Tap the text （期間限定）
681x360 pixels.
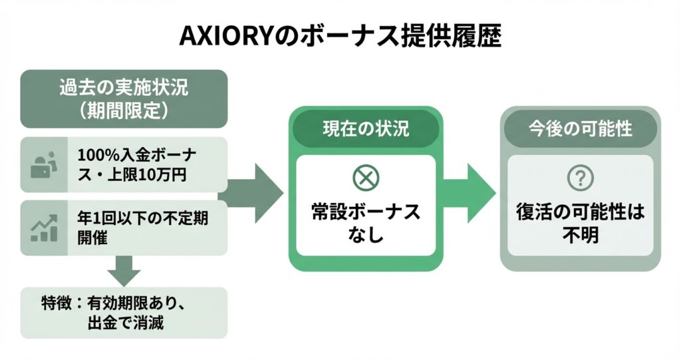click(x=124, y=110)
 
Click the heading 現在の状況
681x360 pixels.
click(x=364, y=128)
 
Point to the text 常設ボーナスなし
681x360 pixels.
click(x=365, y=223)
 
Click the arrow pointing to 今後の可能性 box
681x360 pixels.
click(x=472, y=193)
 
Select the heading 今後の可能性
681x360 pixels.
click(x=581, y=128)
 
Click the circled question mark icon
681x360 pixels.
click(x=581, y=178)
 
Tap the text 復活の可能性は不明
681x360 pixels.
click(x=581, y=223)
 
